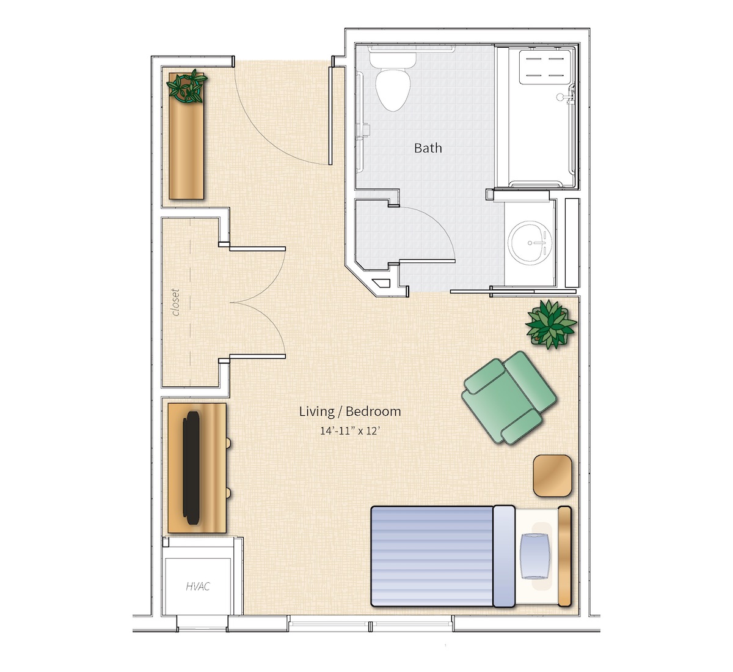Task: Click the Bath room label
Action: pyautogui.click(x=428, y=148)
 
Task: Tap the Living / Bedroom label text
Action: pyautogui.click(x=350, y=412)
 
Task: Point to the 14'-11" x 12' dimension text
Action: pyautogui.click(x=350, y=431)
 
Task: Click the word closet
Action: pyautogui.click(x=176, y=303)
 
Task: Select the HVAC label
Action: pyautogui.click(x=198, y=586)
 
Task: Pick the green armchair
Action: pyautogui.click(x=509, y=397)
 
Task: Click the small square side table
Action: pyautogui.click(x=552, y=476)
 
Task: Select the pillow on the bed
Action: pyautogui.click(x=535, y=556)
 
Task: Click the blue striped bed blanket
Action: pyautogui.click(x=432, y=556)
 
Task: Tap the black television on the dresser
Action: pyautogui.click(x=191, y=468)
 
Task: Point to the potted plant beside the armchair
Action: pyautogui.click(x=551, y=323)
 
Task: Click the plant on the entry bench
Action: pyautogui.click(x=187, y=86)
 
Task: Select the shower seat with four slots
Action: pyautogui.click(x=545, y=67)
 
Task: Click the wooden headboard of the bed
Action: pyautogui.click(x=564, y=556)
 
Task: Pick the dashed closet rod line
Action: pyautogui.click(x=190, y=302)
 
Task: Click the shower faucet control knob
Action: pyautogui.click(x=560, y=97)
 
